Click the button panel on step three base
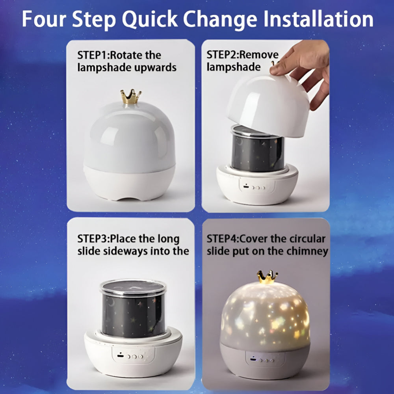click(130, 356)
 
